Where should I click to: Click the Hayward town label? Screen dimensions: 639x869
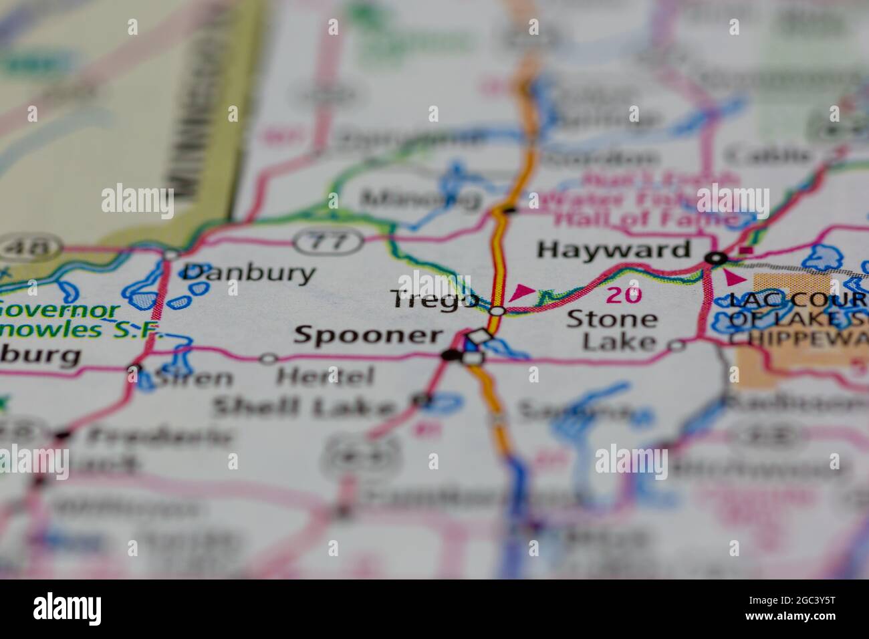pyautogui.click(x=614, y=250)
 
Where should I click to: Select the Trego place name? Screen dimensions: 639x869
pyautogui.click(x=434, y=300)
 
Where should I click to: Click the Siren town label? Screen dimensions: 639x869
pyautogui.click(x=193, y=378)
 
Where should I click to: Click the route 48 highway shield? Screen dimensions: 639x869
pyautogui.click(x=29, y=248)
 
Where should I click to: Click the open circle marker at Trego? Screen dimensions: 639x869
pyautogui.click(x=497, y=311)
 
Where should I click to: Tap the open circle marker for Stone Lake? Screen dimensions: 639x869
pyautogui.click(x=677, y=345)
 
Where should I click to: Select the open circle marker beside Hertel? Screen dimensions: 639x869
pyautogui.click(x=268, y=359)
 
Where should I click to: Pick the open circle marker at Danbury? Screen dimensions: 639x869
pyautogui.click(x=170, y=255)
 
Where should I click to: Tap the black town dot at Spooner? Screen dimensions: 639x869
pyautogui.click(x=452, y=356)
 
